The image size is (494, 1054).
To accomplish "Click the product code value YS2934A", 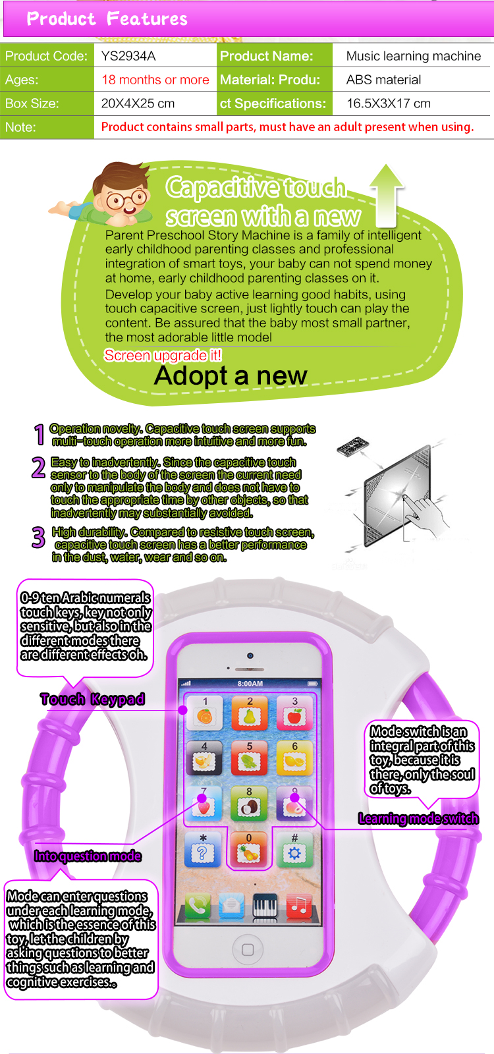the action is pyautogui.click(x=128, y=56).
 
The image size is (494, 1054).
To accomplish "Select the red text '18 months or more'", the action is pyautogui.click(x=155, y=80).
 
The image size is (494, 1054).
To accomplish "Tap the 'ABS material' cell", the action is pyautogui.click(x=383, y=80).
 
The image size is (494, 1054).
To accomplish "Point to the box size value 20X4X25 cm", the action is pyautogui.click(x=138, y=103).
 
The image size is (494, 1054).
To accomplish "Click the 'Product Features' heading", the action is pyautogui.click(x=107, y=19).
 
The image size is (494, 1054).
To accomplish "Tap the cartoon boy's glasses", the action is pyautogui.click(x=126, y=200).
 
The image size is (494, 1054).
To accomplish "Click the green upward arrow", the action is pyautogui.click(x=387, y=196).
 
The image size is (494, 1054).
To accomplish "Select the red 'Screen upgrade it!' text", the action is pyautogui.click(x=163, y=355).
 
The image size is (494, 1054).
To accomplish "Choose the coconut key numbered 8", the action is pyautogui.click(x=249, y=804).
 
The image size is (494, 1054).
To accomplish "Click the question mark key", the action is pyautogui.click(x=202, y=849).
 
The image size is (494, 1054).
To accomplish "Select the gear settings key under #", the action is pyautogui.click(x=294, y=849).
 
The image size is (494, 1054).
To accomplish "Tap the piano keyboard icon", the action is pyautogui.click(x=265, y=905).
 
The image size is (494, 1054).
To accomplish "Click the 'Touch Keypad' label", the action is pyautogui.click(x=92, y=699).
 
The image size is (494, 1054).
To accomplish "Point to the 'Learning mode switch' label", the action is pyautogui.click(x=418, y=819).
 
